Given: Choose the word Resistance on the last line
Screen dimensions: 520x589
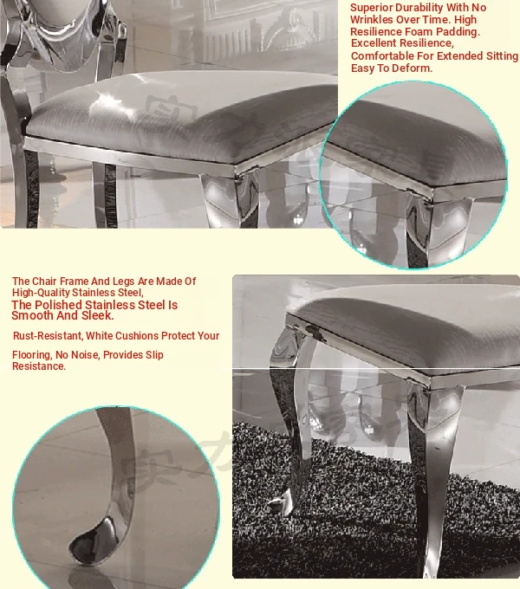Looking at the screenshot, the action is coord(39,366).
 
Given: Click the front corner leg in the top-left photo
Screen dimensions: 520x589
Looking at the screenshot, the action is coord(229,199).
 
